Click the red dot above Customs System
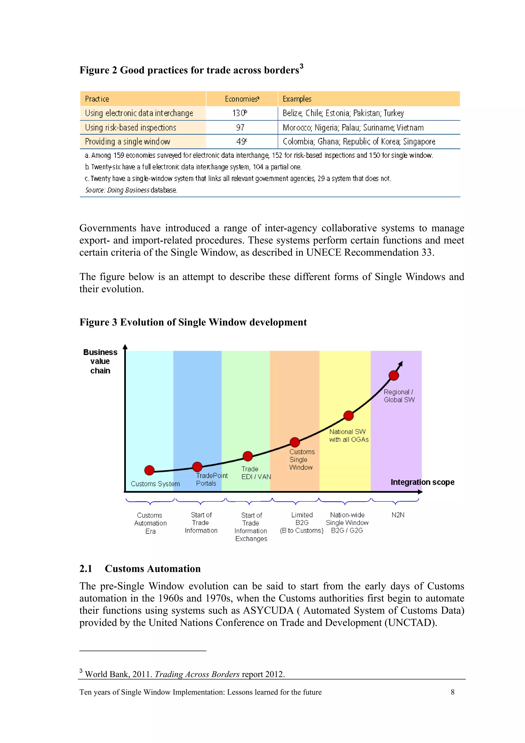coord(149,470)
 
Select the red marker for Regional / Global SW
coord(394,376)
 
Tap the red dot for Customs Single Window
coord(295,442)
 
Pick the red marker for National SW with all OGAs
coord(348,415)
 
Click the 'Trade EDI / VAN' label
coord(256,473)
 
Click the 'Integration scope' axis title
coord(422,482)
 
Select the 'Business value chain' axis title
coord(100,361)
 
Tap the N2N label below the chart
coord(398,515)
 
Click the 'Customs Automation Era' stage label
coord(150,523)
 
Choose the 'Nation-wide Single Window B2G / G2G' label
coord(347,523)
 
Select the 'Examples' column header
coord(297,99)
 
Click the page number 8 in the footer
coord(452,692)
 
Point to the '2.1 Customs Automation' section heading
coord(140,568)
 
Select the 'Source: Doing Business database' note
coord(131,190)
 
